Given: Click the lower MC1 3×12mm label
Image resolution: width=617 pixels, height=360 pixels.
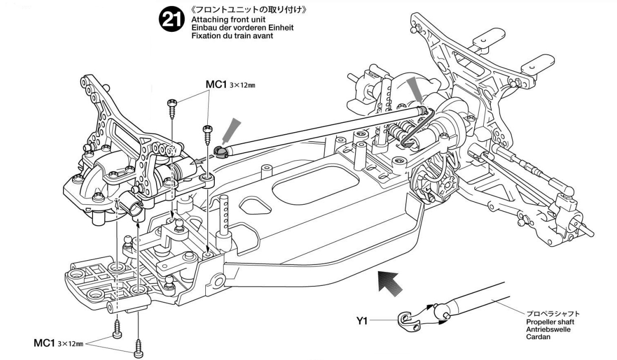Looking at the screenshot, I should (x=58, y=344).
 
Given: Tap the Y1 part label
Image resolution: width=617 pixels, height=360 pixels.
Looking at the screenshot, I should (x=363, y=321).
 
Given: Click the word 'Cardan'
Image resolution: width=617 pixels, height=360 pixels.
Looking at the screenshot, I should (x=537, y=337).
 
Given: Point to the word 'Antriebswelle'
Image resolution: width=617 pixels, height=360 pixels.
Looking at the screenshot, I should (x=548, y=329).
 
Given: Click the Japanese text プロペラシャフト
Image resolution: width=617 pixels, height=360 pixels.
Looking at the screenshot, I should (x=553, y=314).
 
